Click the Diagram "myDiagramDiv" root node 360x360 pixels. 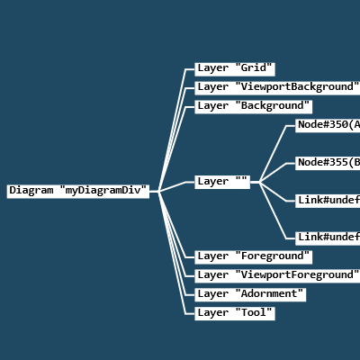click(x=78, y=191)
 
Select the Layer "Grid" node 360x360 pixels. click(x=234, y=68)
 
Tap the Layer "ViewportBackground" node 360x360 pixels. click(x=277, y=87)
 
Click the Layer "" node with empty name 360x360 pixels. click(x=221, y=182)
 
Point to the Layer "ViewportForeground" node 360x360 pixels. click(x=277, y=275)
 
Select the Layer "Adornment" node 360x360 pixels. click(x=250, y=294)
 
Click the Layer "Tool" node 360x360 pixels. click(x=234, y=313)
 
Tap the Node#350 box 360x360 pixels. click(x=328, y=125)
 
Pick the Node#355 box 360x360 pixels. click(x=328, y=163)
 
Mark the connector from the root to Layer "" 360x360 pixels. click(x=175, y=186)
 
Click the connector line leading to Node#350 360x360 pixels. click(x=274, y=154)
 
